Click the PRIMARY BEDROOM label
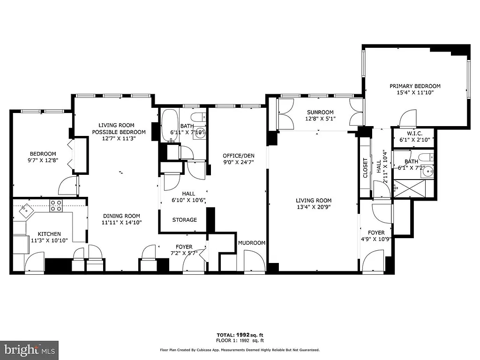[x=415, y=86]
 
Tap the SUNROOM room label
[x=320, y=112]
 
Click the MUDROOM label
[x=252, y=243]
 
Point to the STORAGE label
[x=184, y=220]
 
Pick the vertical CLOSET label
[x=366, y=168]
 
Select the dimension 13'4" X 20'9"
[x=314, y=207]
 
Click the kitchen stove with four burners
[x=56, y=206]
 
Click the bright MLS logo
[x=29, y=350]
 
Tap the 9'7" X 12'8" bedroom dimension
[x=43, y=161]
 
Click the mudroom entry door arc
[x=254, y=261]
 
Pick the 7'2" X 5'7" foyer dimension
[x=184, y=253]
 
